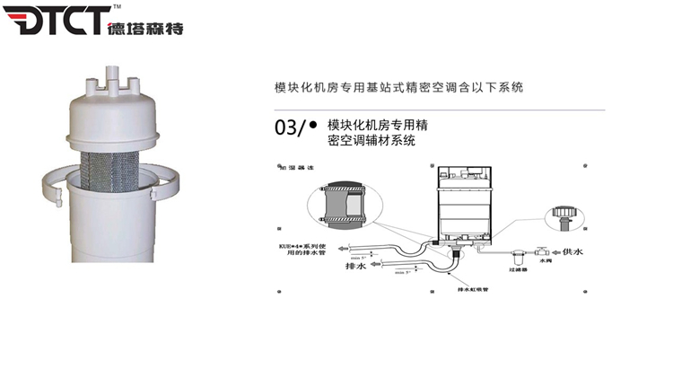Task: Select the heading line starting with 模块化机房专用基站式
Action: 398,88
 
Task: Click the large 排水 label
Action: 356,266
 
